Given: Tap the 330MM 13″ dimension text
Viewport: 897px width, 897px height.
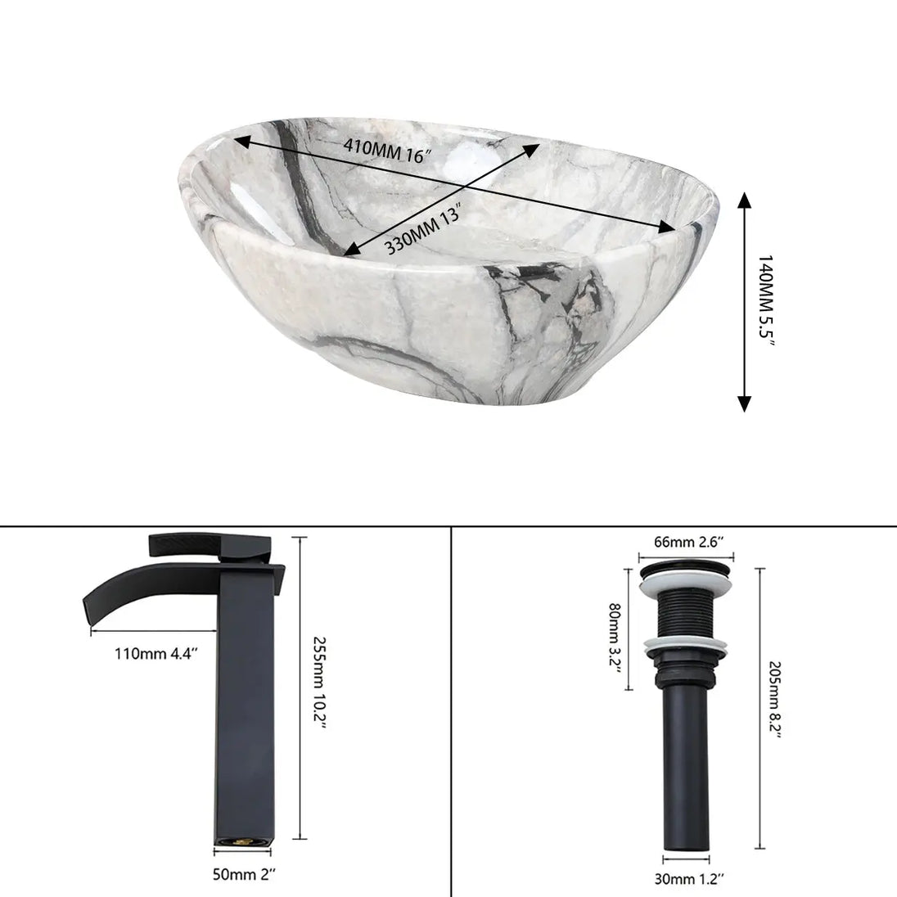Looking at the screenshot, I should (424, 229).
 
